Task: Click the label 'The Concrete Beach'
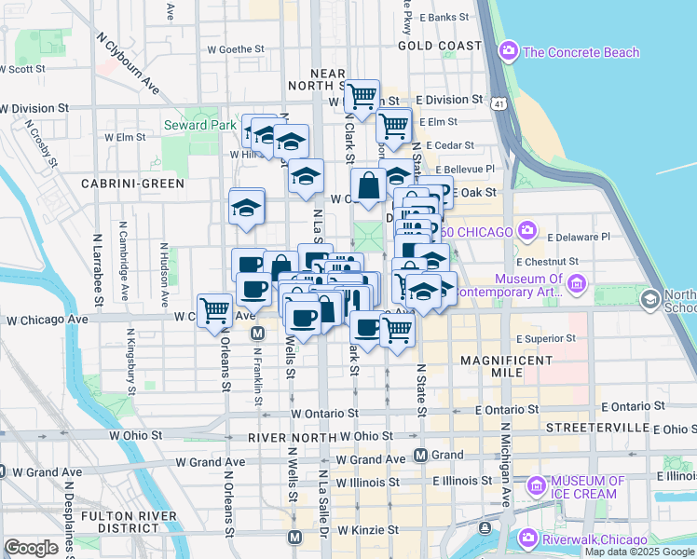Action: click(581, 52)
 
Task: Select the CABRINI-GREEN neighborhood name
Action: click(132, 184)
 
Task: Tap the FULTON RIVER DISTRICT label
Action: click(128, 522)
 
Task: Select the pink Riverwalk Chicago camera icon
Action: click(527, 539)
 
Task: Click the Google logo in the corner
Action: click(31, 548)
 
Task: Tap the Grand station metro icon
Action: click(420, 456)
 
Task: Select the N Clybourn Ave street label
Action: click(128, 64)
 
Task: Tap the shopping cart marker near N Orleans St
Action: click(215, 308)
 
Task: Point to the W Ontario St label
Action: click(323, 413)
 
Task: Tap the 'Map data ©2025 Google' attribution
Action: click(638, 552)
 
